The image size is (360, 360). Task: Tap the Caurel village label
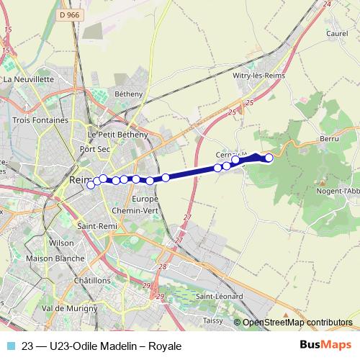tap(337, 32)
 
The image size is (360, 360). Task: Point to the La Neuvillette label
tap(29, 79)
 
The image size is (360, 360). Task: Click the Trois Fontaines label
tap(40, 120)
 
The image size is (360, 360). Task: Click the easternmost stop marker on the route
tap(269, 158)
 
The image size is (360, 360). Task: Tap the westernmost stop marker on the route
tap(91, 185)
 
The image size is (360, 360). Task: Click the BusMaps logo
tap(325, 346)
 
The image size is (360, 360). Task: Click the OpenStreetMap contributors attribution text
tap(297, 323)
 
